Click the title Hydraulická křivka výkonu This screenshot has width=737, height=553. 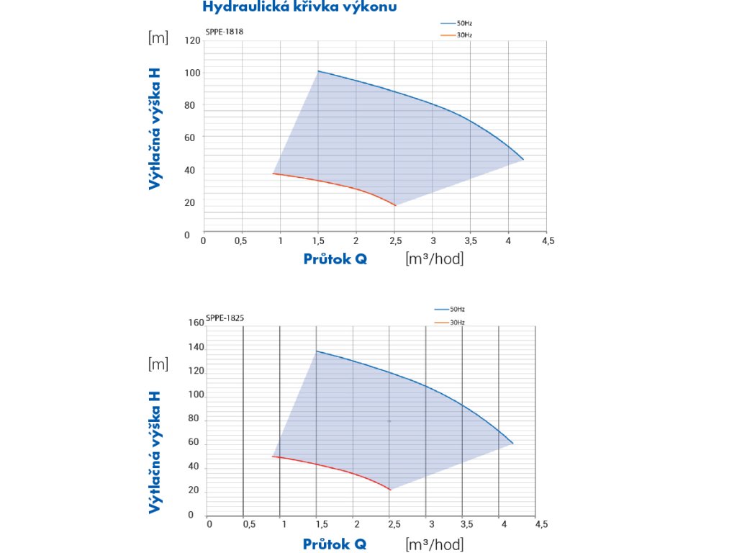click(x=299, y=7)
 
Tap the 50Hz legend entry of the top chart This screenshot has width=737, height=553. click(x=464, y=24)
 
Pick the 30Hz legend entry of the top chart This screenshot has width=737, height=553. click(x=464, y=35)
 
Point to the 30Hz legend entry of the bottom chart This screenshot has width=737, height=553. click(x=457, y=322)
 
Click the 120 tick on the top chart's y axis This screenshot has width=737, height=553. click(x=191, y=40)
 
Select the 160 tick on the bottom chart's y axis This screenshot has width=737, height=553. click(x=196, y=323)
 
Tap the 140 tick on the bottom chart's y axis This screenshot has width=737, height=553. click(x=196, y=347)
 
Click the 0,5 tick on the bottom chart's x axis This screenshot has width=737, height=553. click(x=250, y=524)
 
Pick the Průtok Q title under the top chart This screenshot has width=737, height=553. click(x=335, y=258)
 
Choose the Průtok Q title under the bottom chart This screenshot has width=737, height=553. click(x=335, y=544)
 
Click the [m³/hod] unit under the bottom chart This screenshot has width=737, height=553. click(x=434, y=544)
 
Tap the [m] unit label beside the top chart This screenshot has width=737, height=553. click(x=158, y=38)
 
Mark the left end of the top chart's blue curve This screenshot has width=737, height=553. click(x=317, y=71)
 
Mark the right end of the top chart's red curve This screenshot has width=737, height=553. click(x=396, y=206)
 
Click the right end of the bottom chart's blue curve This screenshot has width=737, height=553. click(x=513, y=444)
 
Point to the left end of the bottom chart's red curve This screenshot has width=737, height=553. click(x=272, y=457)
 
